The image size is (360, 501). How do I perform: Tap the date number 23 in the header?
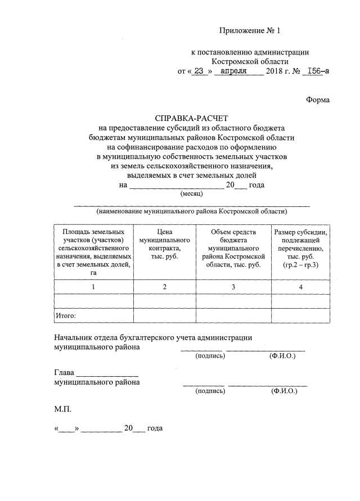pyautogui.click(x=197, y=71)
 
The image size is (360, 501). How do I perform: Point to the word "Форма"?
pyautogui.click(x=318, y=100)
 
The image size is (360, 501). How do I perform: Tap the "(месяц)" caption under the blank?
pyautogui.click(x=192, y=193)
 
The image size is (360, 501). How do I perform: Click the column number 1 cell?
pyautogui.click(x=93, y=287)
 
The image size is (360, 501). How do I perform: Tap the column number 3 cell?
pyautogui.click(x=233, y=287)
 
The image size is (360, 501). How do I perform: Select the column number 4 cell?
pyautogui.click(x=301, y=287)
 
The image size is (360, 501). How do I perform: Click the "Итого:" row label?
pyautogui.click(x=65, y=316)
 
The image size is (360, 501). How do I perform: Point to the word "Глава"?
pyautogui.click(x=64, y=372)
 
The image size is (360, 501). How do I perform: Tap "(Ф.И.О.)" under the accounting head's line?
pyautogui.click(x=282, y=356)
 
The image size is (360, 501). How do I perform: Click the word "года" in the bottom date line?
pyautogui.click(x=155, y=428)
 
